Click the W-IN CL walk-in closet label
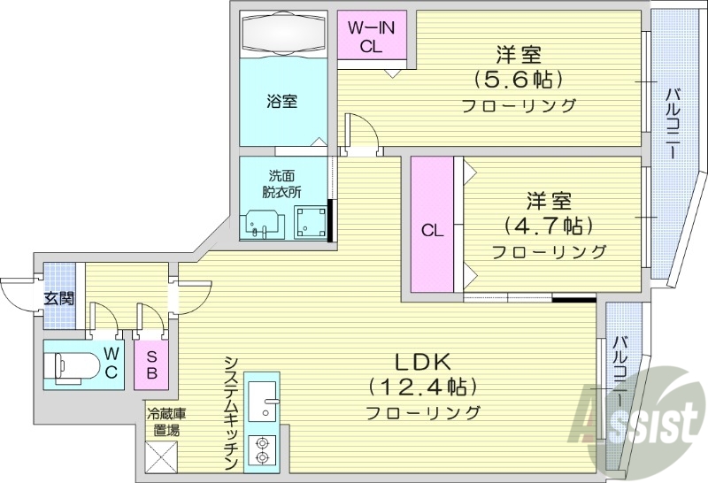[x=371, y=37]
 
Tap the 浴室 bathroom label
[x=282, y=101]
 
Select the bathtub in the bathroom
[x=284, y=34]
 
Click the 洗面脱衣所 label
[x=281, y=183]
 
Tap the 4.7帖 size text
[x=549, y=226]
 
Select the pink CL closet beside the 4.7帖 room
[x=431, y=230]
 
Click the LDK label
[x=422, y=362]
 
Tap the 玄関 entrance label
[x=58, y=297]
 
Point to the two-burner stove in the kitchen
[x=262, y=450]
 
